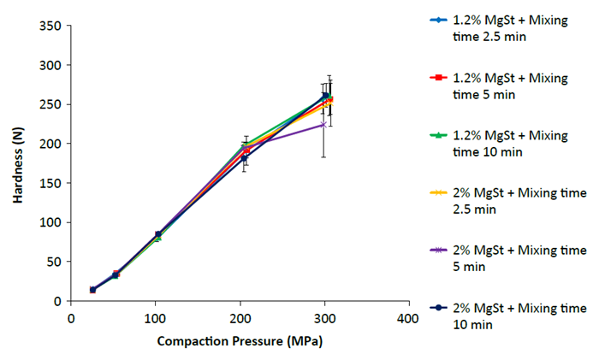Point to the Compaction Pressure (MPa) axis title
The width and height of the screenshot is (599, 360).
point(240,341)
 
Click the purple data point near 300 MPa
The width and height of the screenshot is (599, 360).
point(323,124)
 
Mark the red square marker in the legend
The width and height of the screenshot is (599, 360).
point(438,78)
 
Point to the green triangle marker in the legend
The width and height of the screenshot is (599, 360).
point(438,135)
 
